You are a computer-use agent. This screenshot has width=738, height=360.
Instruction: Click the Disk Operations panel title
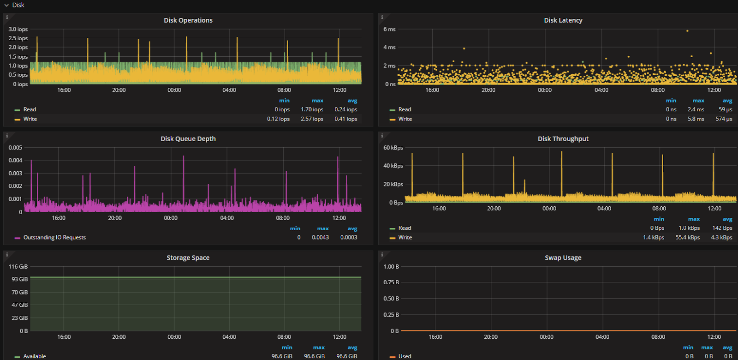click(188, 20)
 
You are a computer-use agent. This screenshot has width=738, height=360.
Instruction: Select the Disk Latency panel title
click(563, 20)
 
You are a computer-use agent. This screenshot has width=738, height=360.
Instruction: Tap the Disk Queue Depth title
click(188, 139)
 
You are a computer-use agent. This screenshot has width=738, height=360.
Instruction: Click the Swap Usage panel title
click(563, 258)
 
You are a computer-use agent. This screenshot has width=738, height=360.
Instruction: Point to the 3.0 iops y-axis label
click(18, 30)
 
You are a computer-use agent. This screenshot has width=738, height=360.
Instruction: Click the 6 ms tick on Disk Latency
click(389, 30)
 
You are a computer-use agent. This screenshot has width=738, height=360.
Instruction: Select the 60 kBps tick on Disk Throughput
click(393, 148)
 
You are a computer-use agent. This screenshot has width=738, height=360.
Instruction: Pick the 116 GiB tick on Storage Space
click(18, 267)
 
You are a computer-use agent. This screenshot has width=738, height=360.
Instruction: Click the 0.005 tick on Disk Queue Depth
click(15, 148)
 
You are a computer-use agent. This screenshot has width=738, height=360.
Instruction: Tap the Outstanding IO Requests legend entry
click(54, 238)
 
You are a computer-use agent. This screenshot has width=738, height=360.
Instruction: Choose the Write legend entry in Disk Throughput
click(405, 238)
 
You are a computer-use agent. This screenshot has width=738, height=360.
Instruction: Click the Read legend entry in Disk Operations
click(30, 110)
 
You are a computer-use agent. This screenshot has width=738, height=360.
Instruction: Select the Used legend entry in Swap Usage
click(405, 356)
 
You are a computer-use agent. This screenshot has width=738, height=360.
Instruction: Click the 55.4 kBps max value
click(687, 238)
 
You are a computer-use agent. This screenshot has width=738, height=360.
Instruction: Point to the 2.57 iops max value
click(312, 119)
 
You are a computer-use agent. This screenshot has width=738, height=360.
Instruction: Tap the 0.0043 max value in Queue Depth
click(320, 238)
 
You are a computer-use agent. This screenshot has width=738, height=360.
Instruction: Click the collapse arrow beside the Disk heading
click(6, 5)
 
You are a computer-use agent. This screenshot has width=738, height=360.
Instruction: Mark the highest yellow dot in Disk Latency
click(687, 31)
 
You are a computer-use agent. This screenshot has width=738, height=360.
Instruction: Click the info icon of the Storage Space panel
click(7, 254)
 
